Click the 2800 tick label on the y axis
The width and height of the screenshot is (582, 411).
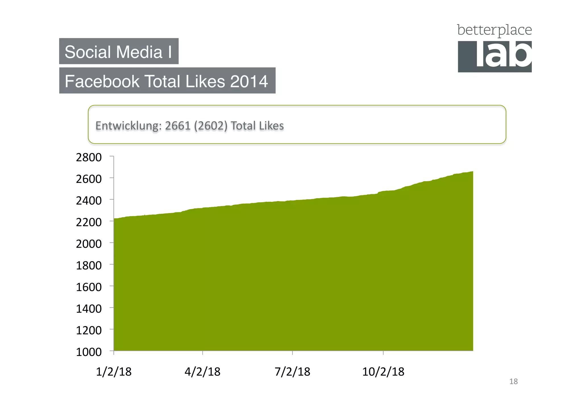coord(89,157)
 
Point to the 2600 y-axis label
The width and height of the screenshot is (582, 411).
coord(89,179)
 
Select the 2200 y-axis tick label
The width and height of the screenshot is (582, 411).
coord(89,222)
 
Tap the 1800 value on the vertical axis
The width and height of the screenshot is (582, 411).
coord(89,265)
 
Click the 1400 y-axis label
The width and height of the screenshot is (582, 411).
coord(89,309)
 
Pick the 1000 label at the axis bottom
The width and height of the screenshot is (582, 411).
coord(89,352)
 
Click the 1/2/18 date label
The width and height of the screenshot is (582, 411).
coord(114,372)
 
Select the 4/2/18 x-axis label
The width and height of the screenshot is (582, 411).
coord(202,372)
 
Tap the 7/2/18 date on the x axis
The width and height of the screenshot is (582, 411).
coord(292,372)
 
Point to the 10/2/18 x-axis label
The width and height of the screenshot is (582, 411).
coord(383,372)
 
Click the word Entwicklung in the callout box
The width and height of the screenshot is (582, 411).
coord(128,126)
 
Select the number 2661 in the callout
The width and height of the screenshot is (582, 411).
coord(178,126)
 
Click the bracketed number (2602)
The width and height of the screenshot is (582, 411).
coord(211,126)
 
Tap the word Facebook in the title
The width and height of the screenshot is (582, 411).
coord(102,82)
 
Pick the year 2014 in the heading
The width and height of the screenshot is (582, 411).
coord(249,82)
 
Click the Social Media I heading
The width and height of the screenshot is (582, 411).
coord(119,52)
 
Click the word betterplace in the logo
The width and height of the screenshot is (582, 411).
coord(494,30)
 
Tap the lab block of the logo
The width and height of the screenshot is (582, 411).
coord(495,57)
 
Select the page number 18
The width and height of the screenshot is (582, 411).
coord(513,381)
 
